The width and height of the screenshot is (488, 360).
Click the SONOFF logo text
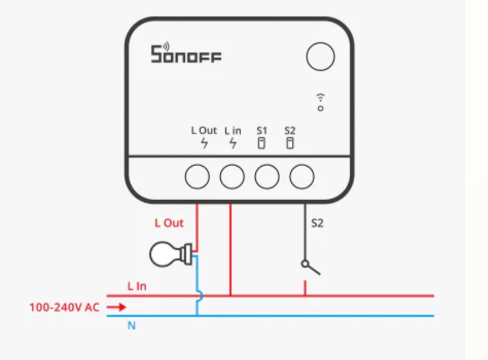(186, 55)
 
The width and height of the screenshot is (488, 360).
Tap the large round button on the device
(320, 57)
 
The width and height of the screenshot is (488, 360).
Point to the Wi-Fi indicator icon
(321, 101)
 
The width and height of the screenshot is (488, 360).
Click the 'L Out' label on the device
(204, 131)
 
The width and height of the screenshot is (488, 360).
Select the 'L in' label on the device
(233, 131)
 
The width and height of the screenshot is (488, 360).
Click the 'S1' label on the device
(262, 131)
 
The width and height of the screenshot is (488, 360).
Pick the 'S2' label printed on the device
(290, 131)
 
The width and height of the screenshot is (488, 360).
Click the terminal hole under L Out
(198, 177)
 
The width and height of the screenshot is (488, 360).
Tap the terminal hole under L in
(232, 177)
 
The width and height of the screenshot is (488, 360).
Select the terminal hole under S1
(267, 177)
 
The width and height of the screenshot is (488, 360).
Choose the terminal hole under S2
(302, 177)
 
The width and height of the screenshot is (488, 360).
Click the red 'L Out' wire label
(169, 223)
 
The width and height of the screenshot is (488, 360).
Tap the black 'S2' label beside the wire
(317, 223)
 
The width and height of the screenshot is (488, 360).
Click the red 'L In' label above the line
(137, 287)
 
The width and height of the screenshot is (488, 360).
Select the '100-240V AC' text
(64, 307)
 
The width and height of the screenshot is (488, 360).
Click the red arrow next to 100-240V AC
(116, 307)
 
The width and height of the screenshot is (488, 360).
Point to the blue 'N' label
(132, 326)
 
